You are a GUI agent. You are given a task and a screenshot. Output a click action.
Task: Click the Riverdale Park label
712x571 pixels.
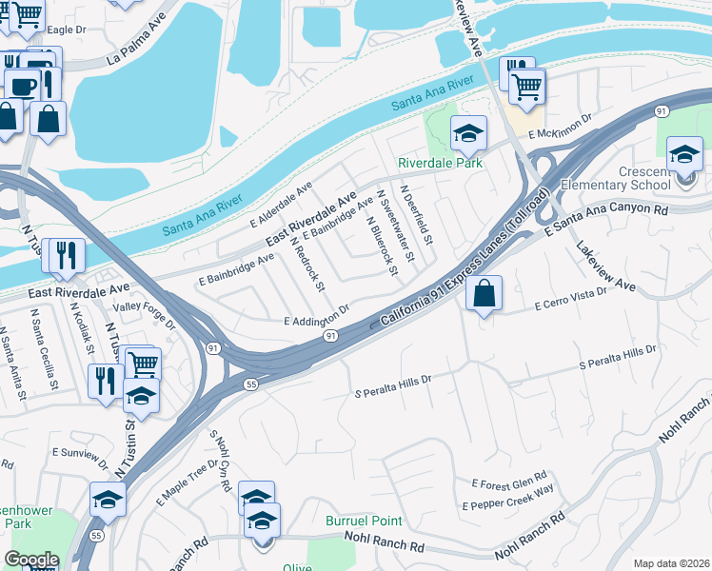(440, 163)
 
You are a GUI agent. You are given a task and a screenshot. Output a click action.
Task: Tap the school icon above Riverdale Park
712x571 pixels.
(467, 133)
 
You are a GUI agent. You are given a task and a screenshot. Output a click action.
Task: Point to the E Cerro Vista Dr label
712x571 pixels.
(570, 305)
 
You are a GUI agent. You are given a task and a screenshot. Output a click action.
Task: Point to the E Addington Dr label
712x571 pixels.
(318, 318)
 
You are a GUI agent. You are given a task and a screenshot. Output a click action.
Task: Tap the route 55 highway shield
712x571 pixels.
(250, 384)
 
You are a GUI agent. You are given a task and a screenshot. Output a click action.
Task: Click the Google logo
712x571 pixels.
(30, 560)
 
